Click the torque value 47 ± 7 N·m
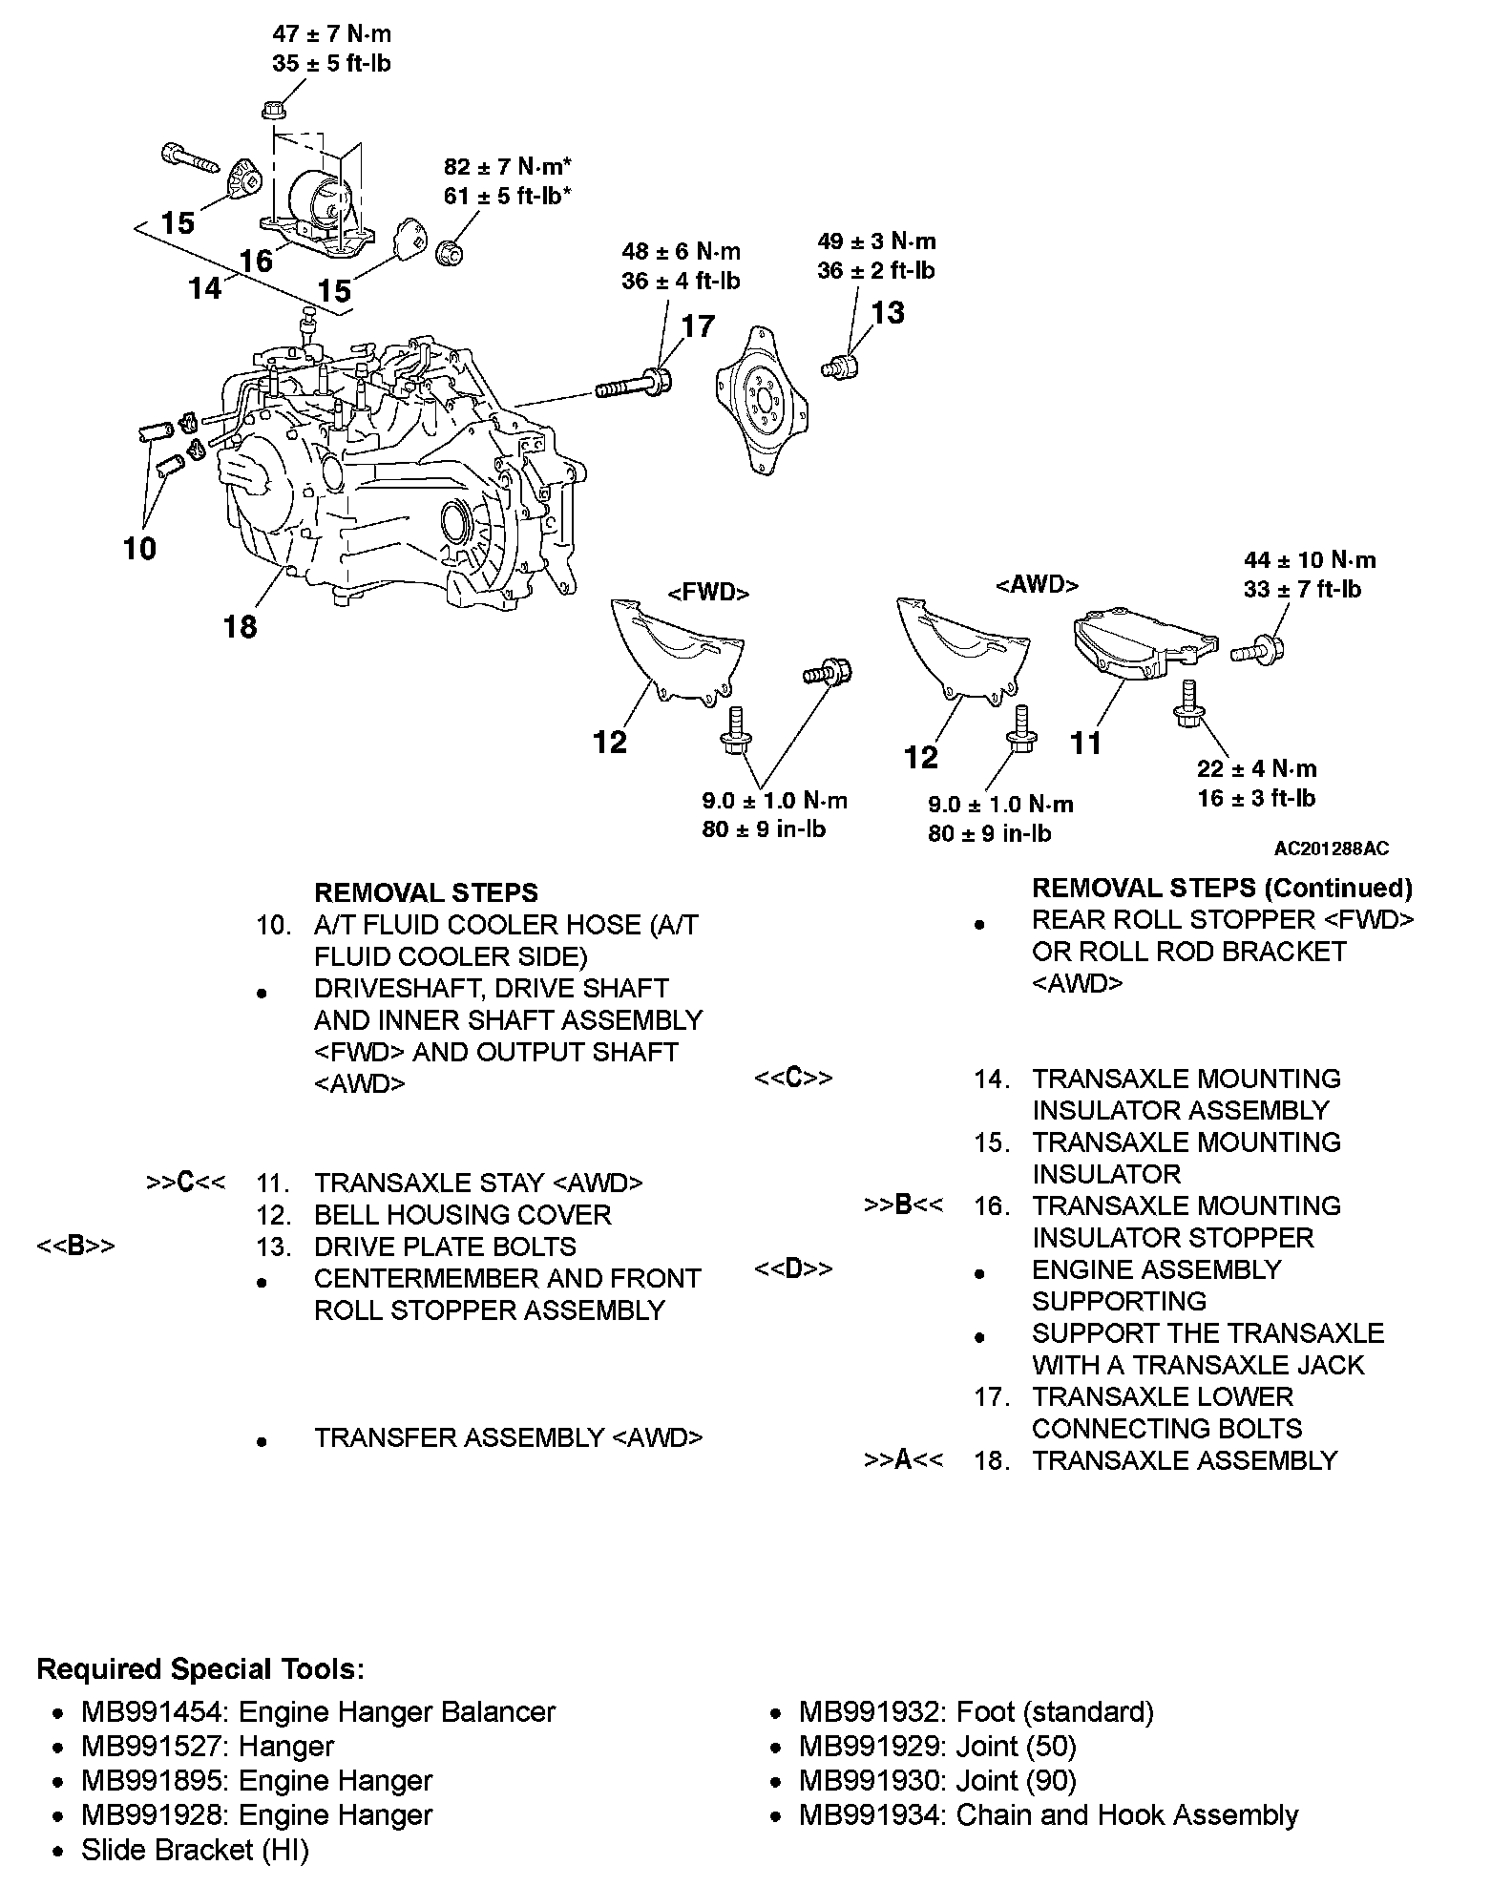pos(331,34)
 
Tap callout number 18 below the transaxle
pos(240,627)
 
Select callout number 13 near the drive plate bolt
pos(887,312)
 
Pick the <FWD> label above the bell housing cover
pos(708,593)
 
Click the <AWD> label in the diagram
pos(1037,584)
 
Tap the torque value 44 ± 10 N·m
pos(1309,560)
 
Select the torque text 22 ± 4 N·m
pos(1256,769)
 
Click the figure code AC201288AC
pos(1331,849)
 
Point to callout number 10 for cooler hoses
pos(139,549)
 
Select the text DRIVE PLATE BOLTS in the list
pos(445,1247)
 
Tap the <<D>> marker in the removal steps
pos(793,1269)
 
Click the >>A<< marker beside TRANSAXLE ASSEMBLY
pos(903,1460)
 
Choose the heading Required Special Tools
pos(200,1669)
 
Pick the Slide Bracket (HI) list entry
pos(195,1850)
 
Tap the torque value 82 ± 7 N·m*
pos(508,167)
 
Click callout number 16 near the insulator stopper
pos(256,260)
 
